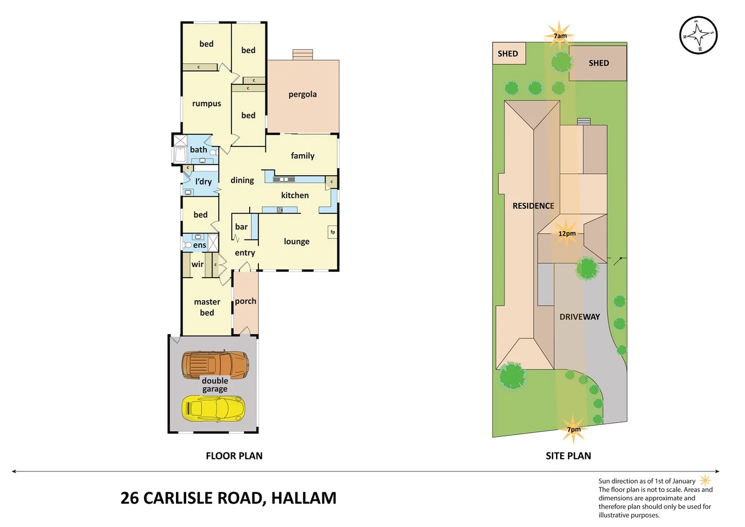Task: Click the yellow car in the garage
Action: (213, 408)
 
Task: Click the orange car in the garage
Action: (215, 364)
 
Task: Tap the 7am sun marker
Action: (560, 36)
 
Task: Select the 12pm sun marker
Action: (567, 233)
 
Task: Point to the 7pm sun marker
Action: (573, 429)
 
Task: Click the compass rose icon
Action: (698, 35)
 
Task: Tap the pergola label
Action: (302, 94)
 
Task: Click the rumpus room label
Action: (206, 103)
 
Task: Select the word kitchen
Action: (294, 195)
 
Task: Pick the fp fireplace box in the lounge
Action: (333, 232)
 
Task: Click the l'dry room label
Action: (203, 182)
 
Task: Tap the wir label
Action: (197, 264)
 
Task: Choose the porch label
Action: (245, 301)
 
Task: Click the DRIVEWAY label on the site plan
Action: (579, 317)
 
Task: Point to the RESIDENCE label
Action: (533, 206)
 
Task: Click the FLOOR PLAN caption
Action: (234, 456)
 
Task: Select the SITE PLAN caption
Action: (568, 456)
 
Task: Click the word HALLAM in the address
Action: (303, 498)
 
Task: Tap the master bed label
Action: (207, 307)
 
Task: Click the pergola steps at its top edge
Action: (302, 54)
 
